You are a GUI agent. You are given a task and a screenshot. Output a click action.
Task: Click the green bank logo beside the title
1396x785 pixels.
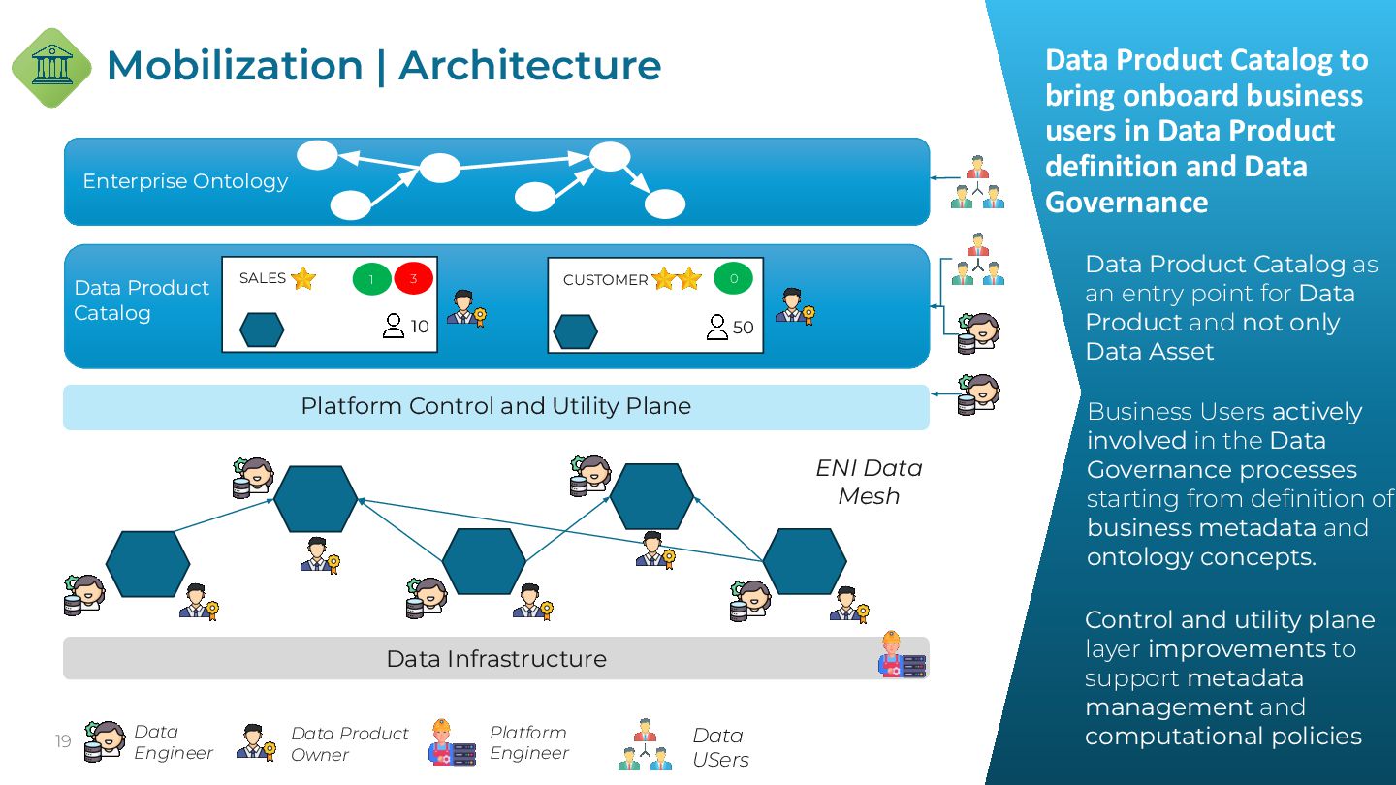tap(51, 67)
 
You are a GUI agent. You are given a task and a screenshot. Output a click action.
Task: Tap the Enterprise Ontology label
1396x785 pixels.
tap(185, 181)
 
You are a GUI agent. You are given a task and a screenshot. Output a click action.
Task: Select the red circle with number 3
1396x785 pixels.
tap(413, 279)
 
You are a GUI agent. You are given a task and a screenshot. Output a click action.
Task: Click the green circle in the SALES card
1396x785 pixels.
tap(371, 279)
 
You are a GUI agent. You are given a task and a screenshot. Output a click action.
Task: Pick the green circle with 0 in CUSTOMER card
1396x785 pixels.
tap(734, 279)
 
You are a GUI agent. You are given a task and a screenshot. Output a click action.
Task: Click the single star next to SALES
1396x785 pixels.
tap(303, 279)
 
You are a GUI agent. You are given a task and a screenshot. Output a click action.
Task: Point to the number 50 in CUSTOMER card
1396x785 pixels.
tap(744, 328)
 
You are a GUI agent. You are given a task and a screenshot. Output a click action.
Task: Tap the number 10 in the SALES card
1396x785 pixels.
tap(420, 327)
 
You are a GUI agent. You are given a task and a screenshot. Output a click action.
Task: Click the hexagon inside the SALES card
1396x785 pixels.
tap(262, 330)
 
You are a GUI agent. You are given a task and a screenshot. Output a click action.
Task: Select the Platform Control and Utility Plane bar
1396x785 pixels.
tap(495, 406)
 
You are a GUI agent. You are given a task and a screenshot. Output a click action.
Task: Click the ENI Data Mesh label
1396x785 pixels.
tap(869, 482)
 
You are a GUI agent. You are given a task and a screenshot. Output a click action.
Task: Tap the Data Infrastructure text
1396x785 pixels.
tap(495, 659)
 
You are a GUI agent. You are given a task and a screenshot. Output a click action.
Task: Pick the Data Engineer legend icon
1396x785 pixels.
tap(105, 741)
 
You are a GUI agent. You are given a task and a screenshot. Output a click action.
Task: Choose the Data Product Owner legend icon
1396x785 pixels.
tap(256, 741)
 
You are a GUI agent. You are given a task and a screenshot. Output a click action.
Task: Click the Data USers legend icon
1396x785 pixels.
tap(646, 744)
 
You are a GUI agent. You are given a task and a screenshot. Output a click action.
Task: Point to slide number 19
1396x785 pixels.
tap(63, 742)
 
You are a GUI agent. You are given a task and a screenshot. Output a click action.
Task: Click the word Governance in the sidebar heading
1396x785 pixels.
tap(1126, 202)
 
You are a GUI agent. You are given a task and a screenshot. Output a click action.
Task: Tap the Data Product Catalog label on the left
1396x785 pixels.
tap(142, 300)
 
